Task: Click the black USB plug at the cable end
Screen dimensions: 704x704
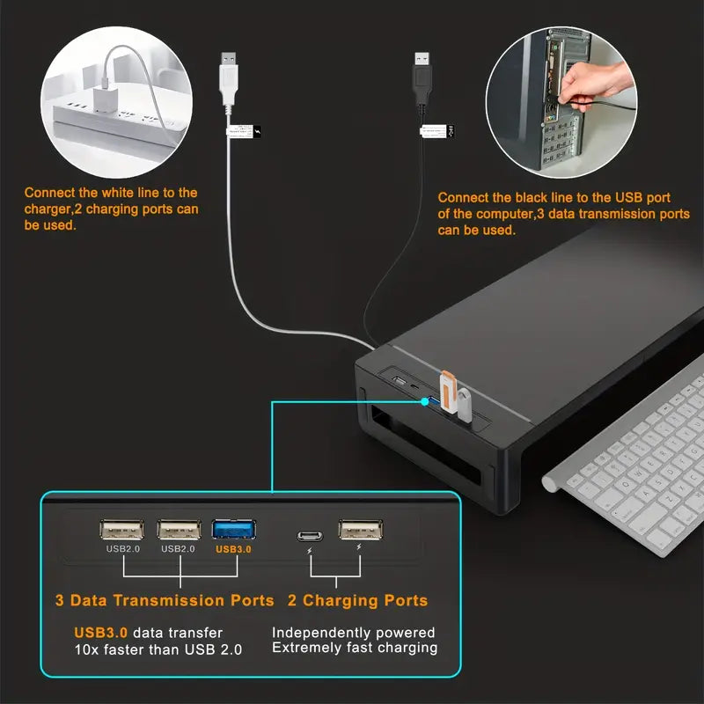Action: tap(422, 75)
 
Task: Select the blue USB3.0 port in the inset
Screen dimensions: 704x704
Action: tap(233, 530)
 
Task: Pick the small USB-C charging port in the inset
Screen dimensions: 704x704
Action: tap(309, 535)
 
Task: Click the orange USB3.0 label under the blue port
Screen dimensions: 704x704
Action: tap(233, 549)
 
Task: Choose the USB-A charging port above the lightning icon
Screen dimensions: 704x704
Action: tap(360, 530)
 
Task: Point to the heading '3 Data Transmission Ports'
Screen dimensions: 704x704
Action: tap(165, 601)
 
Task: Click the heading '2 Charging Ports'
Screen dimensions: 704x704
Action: tap(358, 601)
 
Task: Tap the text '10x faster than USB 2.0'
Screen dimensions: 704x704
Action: tap(158, 649)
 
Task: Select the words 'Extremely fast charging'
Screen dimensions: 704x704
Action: tap(355, 648)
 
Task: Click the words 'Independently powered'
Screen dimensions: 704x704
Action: tap(353, 632)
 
